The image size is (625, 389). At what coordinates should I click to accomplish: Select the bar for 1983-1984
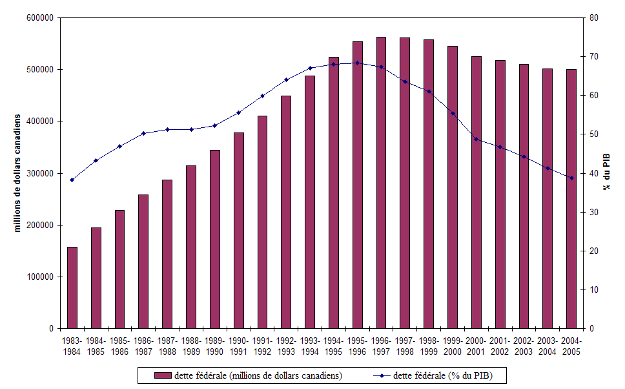coord(72,288)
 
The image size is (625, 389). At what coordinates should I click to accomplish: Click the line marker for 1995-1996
coord(358,63)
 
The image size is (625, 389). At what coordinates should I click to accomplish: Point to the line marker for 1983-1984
coord(72,180)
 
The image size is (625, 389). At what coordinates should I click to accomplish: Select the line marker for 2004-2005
coord(571,178)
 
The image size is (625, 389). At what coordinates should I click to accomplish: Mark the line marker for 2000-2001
coord(476,139)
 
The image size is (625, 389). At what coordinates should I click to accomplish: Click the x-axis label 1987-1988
coord(167,346)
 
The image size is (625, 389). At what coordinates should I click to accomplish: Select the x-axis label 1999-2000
coord(453,346)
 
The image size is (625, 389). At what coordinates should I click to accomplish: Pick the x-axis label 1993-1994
coord(310,346)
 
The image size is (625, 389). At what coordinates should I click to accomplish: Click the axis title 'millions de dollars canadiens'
coord(18,173)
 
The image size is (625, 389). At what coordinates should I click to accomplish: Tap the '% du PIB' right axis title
coord(608,173)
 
